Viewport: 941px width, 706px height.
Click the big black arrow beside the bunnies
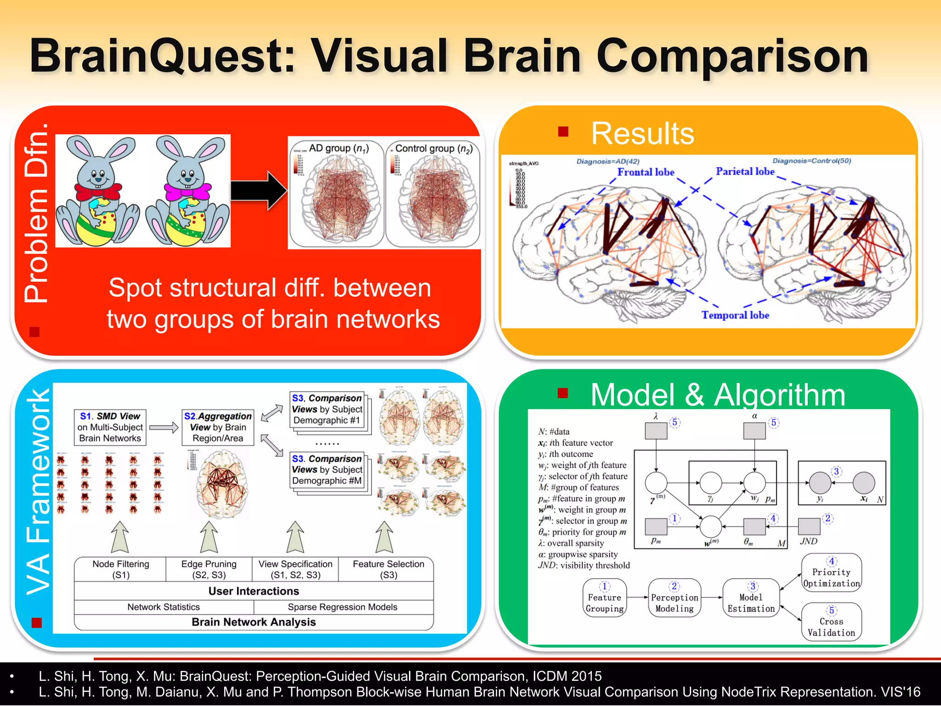pyautogui.click(x=259, y=191)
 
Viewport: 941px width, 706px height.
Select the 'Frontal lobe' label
pyautogui.click(x=646, y=172)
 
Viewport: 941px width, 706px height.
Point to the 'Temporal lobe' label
pyautogui.click(x=735, y=315)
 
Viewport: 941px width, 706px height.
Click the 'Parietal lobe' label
pyautogui.click(x=745, y=171)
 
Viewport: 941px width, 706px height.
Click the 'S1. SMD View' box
pyautogui.click(x=110, y=427)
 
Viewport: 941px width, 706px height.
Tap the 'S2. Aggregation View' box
pyautogui.click(x=218, y=427)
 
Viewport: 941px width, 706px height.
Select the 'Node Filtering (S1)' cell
pyautogui.click(x=120, y=569)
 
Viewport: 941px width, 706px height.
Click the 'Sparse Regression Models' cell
pyautogui.click(x=342, y=607)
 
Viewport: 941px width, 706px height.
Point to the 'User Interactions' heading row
pyautogui.click(x=254, y=591)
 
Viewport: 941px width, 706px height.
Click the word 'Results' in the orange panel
pyautogui.click(x=642, y=134)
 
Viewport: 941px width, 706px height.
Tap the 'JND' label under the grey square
pyautogui.click(x=809, y=541)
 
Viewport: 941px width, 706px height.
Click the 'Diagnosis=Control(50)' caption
pyautogui.click(x=811, y=161)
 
